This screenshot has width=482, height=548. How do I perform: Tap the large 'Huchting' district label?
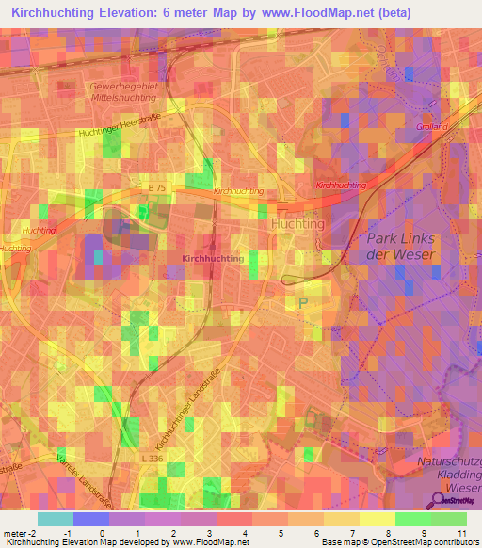click(297, 225)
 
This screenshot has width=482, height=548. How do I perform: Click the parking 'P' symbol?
click(302, 302)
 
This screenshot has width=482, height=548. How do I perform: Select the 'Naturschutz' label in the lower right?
click(449, 462)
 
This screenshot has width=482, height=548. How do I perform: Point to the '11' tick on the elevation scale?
click(461, 534)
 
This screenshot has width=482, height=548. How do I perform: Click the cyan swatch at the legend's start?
click(56, 519)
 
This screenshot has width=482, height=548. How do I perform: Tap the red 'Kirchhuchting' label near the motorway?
click(341, 186)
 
